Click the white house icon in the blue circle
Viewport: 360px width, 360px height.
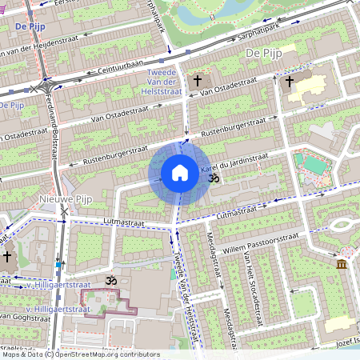click(x=180, y=173)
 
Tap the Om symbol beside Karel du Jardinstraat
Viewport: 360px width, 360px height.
click(x=213, y=179)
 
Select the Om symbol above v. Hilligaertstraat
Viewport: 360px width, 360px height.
click(x=110, y=281)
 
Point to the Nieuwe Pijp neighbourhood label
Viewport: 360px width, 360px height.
click(x=67, y=198)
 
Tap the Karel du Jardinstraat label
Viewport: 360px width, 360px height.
click(x=236, y=166)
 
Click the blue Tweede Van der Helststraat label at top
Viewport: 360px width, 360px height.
click(x=165, y=82)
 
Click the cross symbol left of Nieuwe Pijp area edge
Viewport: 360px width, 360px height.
click(x=8, y=257)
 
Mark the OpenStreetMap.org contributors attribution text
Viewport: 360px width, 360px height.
click(x=117, y=354)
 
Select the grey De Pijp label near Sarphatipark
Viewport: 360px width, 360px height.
click(x=261, y=53)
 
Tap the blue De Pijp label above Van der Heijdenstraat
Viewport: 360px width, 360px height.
click(x=29, y=27)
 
